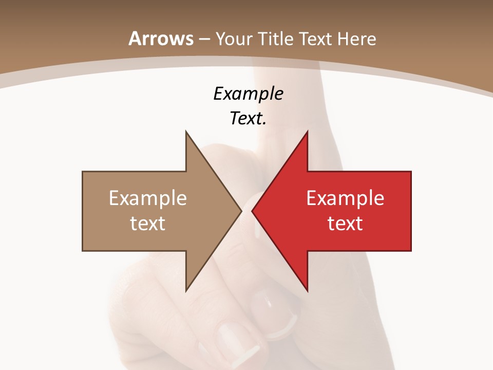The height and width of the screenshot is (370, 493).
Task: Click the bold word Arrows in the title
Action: point(161,39)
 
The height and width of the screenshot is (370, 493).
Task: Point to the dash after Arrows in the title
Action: point(204,39)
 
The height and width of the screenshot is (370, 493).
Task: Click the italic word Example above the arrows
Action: point(248,94)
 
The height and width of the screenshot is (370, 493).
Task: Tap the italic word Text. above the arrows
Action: point(248,118)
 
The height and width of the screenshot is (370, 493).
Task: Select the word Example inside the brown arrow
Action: point(148,198)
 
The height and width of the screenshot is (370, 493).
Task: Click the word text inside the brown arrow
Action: point(148,224)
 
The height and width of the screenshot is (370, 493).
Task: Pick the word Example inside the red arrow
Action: point(345,198)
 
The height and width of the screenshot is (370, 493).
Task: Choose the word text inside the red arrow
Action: point(345,224)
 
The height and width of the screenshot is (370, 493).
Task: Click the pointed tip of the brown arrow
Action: point(241,211)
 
